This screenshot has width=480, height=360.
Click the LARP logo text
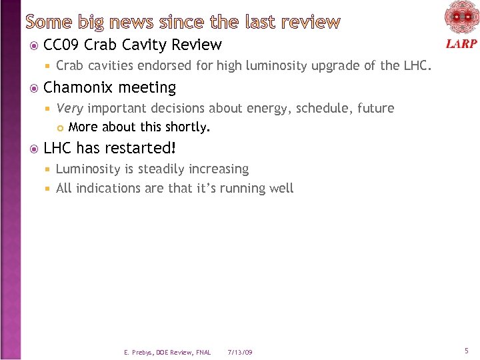tap(461, 43)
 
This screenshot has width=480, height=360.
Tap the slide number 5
tap(467, 350)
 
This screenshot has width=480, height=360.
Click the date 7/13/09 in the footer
tap(240, 352)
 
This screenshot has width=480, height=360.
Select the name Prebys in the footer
tap(143, 352)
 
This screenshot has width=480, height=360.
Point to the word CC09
tap(61, 45)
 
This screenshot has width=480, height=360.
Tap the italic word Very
tap(69, 108)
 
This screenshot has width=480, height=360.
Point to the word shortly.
tap(191, 127)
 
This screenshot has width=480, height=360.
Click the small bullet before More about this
tap(59, 127)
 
